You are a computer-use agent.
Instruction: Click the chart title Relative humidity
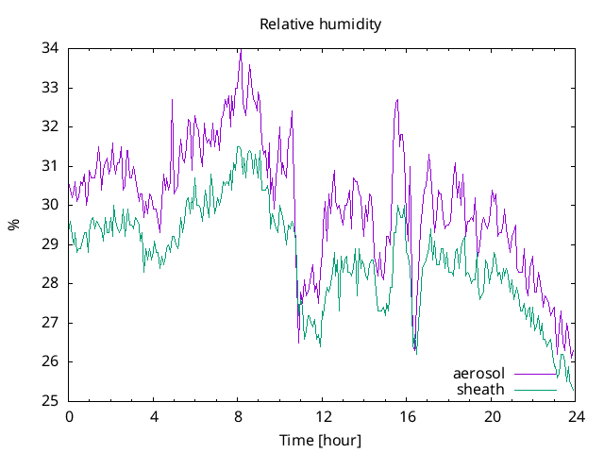point(321,25)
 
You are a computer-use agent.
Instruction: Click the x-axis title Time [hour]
point(321,440)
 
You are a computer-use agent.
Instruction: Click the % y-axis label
point(13,225)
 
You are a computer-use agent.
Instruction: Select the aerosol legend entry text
point(479,374)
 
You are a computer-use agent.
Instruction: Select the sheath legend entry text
point(481,389)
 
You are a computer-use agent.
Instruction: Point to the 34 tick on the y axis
point(52,48)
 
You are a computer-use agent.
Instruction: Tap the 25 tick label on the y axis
point(52,400)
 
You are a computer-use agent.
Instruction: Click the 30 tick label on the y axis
point(52,205)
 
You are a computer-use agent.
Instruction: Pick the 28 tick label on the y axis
point(52,283)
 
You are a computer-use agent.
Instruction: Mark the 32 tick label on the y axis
point(52,126)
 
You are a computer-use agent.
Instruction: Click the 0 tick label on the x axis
point(69,416)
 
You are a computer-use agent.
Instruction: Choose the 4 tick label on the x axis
point(154,416)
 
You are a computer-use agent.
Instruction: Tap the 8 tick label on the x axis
point(238,416)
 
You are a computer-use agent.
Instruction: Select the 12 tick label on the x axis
point(323,416)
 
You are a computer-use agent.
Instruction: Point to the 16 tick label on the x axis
point(407,416)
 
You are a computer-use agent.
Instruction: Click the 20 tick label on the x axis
point(492,416)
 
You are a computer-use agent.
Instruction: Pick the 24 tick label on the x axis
point(576,416)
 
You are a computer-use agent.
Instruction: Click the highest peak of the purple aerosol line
point(241,50)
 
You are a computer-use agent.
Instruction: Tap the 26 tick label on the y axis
point(52,361)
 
